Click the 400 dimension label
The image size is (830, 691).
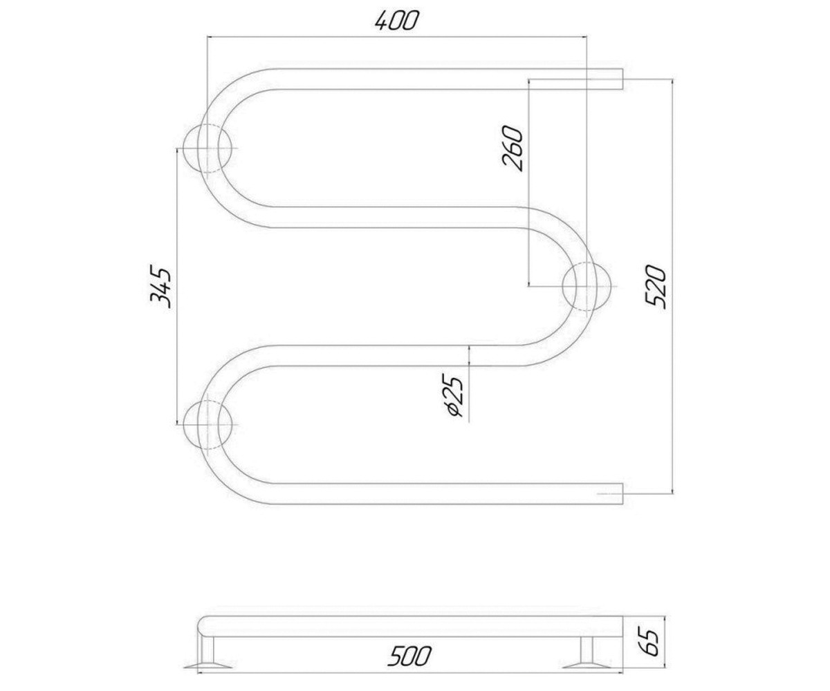(397, 21)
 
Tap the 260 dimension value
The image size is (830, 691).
(512, 148)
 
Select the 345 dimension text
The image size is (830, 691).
(161, 286)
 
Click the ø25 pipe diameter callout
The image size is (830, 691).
(454, 395)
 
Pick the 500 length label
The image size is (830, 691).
(409, 656)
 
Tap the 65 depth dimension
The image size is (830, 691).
(650, 642)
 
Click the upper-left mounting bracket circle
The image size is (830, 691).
(207, 148)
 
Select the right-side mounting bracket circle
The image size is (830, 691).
(587, 286)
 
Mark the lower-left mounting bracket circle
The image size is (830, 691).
(207, 424)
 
